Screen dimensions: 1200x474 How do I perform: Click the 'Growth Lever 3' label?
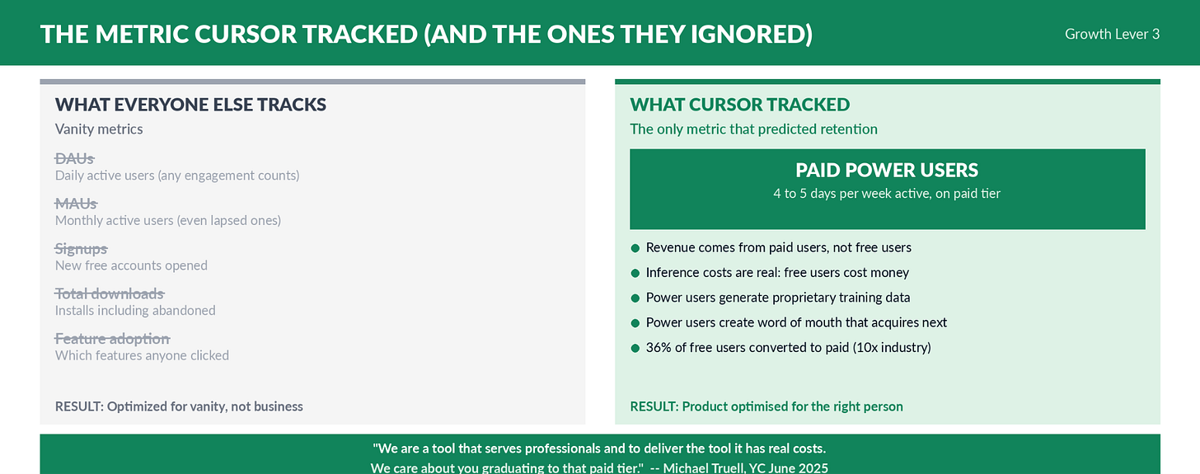point(1112,34)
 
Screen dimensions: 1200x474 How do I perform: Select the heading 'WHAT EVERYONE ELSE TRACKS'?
point(190,104)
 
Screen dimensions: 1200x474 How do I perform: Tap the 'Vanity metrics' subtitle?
point(99,129)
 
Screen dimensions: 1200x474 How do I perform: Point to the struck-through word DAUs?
point(74,158)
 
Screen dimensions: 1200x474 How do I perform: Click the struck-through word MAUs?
point(76,204)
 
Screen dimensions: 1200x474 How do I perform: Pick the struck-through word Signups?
point(82,249)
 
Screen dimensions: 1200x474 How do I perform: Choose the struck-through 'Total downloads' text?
point(110,293)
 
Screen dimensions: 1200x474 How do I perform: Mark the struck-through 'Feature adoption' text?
point(112,339)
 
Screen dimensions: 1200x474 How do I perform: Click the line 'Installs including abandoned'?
point(135,311)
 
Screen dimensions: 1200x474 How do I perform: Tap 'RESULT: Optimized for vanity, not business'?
point(179,406)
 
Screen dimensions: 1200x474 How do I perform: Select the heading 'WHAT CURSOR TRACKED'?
point(739,104)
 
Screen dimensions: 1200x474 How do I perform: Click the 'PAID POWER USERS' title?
point(887,170)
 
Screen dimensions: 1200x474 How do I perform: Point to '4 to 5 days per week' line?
point(887,194)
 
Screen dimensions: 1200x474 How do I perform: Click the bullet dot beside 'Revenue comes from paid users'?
point(635,248)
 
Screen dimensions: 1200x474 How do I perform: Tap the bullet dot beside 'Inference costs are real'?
point(635,273)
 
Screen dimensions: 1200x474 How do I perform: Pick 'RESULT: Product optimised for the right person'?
point(766,406)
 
